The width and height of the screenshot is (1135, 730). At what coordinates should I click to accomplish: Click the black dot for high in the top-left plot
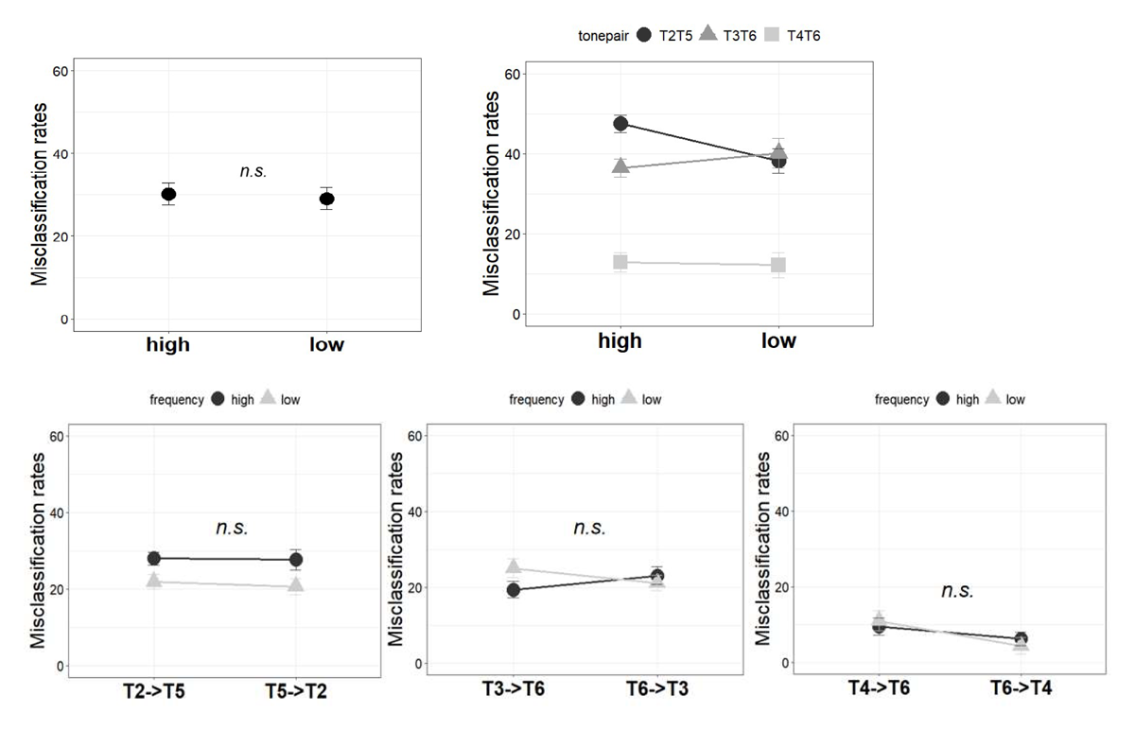[x=168, y=195]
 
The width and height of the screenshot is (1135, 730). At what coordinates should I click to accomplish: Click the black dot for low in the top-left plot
[x=326, y=199]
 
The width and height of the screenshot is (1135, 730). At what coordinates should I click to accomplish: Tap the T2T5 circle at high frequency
[x=620, y=123]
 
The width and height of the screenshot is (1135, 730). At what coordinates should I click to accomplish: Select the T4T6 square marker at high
[x=620, y=262]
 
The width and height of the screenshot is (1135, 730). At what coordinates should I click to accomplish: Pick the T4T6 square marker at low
[x=777, y=265]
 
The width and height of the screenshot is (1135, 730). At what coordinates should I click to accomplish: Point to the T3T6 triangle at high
[x=620, y=166]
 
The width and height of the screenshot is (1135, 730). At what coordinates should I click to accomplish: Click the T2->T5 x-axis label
[x=153, y=690]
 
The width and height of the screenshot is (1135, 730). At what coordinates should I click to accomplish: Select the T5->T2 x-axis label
[x=296, y=690]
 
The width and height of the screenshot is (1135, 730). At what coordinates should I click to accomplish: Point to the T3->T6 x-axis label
[x=514, y=687]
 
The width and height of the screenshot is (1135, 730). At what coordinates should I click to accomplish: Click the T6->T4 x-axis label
[x=1021, y=687]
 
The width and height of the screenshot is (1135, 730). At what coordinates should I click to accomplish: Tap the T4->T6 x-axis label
[x=879, y=687]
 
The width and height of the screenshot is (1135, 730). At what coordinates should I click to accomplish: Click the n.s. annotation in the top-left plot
[x=253, y=171]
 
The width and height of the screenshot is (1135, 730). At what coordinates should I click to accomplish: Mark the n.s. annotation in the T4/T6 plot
[x=957, y=591]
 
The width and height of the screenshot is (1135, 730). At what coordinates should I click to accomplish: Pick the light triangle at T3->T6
[x=514, y=566]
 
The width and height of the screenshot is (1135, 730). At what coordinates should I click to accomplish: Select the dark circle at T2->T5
[x=153, y=558]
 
